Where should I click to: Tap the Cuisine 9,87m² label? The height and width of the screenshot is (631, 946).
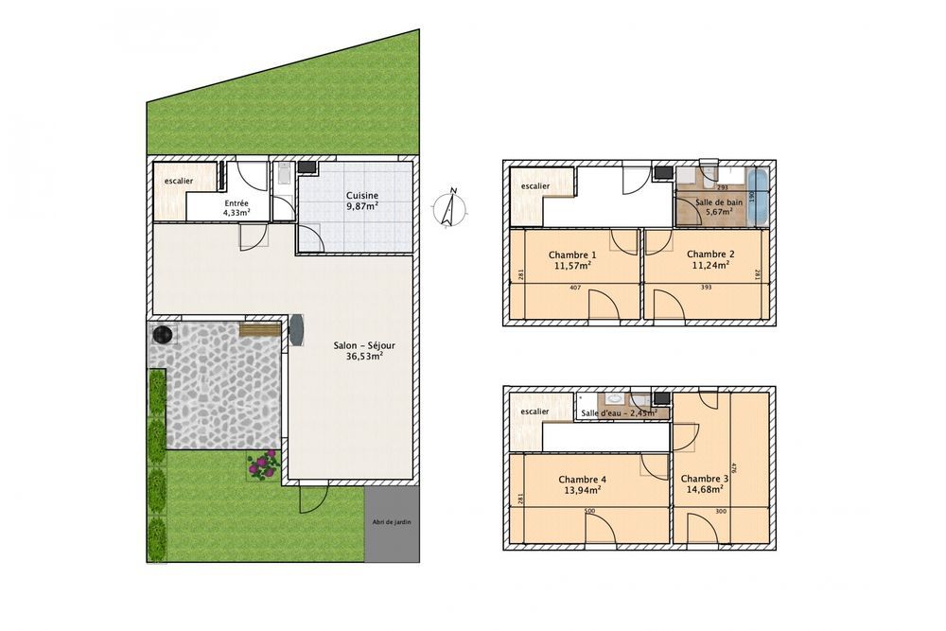click(x=361, y=201)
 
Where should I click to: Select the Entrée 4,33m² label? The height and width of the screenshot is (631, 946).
click(x=236, y=208)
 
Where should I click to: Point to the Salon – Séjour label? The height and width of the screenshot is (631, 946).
click(x=364, y=351)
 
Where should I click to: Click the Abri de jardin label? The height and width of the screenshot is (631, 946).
click(x=392, y=521)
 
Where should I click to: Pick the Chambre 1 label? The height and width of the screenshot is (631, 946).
click(x=573, y=260)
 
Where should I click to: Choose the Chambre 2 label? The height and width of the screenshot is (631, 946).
click(x=710, y=259)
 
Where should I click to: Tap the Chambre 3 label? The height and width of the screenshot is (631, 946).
click(x=704, y=484)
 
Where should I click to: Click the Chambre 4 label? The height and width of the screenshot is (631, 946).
click(x=583, y=485)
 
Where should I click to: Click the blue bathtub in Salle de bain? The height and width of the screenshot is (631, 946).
click(x=759, y=197)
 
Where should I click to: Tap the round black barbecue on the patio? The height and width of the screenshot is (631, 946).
click(x=164, y=333)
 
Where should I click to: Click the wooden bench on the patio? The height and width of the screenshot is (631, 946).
click(x=258, y=329)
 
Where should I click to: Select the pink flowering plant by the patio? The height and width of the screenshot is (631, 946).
click(x=263, y=464)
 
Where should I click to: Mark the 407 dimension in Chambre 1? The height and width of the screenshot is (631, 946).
click(x=574, y=288)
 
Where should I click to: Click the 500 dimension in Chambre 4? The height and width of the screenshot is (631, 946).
click(x=588, y=512)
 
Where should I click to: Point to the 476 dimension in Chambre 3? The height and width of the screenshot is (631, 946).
click(x=734, y=469)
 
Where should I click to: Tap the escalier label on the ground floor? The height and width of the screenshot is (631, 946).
click(x=178, y=181)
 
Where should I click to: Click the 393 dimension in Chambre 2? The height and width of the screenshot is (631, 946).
click(x=706, y=288)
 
